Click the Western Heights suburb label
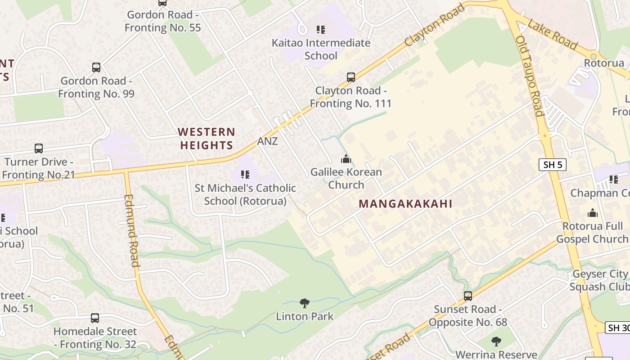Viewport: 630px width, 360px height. click(x=206, y=138)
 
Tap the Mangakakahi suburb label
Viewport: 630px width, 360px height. click(x=405, y=203)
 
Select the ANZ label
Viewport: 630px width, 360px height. click(x=267, y=141)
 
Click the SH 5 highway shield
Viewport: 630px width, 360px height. click(x=552, y=165)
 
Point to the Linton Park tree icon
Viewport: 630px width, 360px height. click(x=305, y=303)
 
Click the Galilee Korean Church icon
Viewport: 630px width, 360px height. click(x=346, y=159)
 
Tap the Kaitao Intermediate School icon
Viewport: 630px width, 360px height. click(x=320, y=30)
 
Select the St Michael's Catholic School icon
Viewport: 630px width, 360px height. click(x=245, y=174)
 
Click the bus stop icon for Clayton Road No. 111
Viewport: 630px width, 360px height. click(x=351, y=77)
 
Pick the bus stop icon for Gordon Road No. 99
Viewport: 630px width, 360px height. click(x=96, y=67)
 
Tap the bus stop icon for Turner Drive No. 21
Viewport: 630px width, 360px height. click(x=39, y=148)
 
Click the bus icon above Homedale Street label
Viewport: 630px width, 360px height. click(x=94, y=318)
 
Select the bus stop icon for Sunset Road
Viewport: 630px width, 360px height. click(x=468, y=296)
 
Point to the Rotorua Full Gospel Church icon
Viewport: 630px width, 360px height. click(x=592, y=213)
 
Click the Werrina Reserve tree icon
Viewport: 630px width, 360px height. click(x=496, y=342)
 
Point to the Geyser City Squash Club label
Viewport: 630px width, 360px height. click(x=599, y=280)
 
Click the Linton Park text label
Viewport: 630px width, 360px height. click(x=305, y=316)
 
